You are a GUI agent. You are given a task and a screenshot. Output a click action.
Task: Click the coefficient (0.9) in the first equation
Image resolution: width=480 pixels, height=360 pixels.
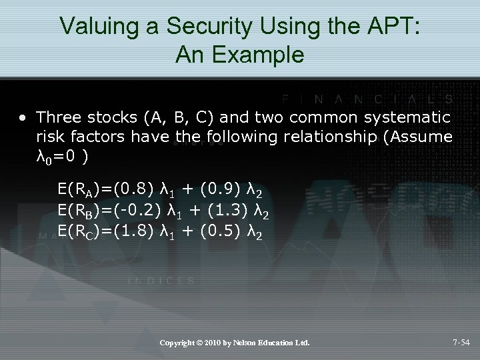coord(220,192)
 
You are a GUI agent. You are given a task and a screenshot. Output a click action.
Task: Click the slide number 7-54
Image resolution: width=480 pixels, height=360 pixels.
coord(461,343)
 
